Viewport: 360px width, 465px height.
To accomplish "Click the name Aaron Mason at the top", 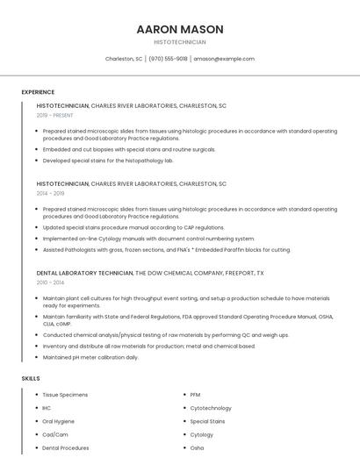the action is (x=180, y=29).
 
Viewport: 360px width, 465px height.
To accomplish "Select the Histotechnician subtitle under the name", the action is (x=180, y=42).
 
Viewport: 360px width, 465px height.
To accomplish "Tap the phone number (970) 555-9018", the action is (x=168, y=59).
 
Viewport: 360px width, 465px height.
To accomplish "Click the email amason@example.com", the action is (x=224, y=59).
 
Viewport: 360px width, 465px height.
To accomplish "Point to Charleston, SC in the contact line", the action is (x=124, y=59).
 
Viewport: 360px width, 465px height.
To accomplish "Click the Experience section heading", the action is (x=38, y=92).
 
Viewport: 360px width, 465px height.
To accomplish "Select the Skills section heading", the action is (x=31, y=378).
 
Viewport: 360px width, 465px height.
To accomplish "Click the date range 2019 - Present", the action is (x=54, y=115).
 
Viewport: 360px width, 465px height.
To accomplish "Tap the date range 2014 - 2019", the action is (x=50, y=193).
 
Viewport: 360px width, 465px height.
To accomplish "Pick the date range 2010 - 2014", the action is (x=50, y=283).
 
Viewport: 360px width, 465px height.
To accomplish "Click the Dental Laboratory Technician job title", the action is (x=84, y=273).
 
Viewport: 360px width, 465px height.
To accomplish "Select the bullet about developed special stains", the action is (x=108, y=161).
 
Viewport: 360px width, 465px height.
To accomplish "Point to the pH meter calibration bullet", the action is (x=90, y=357).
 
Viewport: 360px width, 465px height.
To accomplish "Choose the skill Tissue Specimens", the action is (x=65, y=395).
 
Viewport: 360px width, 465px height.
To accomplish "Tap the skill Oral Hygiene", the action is (x=59, y=421).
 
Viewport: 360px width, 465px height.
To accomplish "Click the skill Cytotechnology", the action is (x=211, y=408).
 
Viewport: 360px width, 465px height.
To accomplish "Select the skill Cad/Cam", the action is (x=55, y=434).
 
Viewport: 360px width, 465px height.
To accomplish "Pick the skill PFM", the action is (x=196, y=395).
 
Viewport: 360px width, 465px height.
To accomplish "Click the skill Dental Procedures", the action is (x=66, y=447).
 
